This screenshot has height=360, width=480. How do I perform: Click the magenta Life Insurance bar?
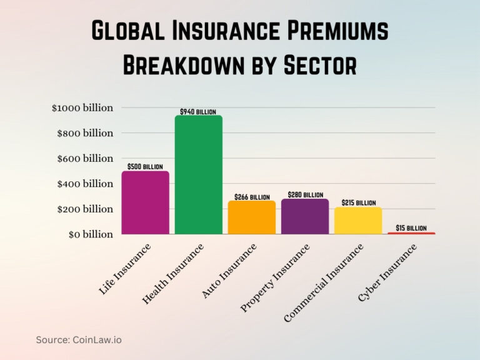click(145, 203)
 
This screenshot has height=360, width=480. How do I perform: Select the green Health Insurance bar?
click(198, 175)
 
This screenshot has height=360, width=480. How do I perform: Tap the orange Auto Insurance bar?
click(251, 217)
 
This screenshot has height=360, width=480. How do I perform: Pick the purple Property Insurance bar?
click(305, 217)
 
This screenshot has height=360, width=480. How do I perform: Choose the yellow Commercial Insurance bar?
click(358, 221)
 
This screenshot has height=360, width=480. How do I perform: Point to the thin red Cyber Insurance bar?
click(411, 233)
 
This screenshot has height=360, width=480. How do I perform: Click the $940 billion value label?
click(198, 112)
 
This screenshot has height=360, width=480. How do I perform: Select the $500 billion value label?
click(145, 167)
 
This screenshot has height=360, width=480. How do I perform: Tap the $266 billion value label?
click(252, 197)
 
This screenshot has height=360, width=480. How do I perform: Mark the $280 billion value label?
click(306, 195)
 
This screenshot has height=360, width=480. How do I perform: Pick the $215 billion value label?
click(359, 203)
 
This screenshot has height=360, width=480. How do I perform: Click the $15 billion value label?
click(411, 228)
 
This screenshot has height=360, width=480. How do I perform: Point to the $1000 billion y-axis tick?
click(82, 107)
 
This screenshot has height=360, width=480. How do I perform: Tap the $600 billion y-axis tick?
click(85, 158)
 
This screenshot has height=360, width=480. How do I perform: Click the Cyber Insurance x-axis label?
click(387, 273)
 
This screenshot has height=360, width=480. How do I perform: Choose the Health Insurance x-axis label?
click(173, 274)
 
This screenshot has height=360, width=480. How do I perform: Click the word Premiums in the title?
click(331, 32)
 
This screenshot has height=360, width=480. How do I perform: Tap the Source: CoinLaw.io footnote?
click(79, 340)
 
